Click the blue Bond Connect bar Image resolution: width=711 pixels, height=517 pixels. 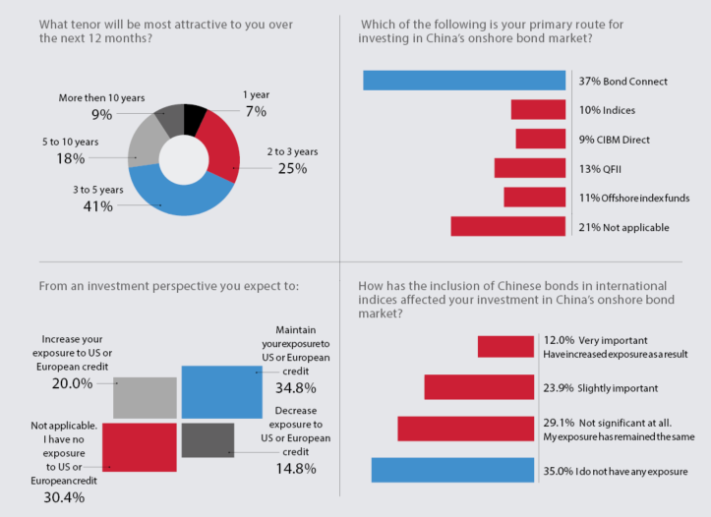tap(464, 81)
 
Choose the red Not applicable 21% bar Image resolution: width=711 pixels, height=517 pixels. tap(508, 226)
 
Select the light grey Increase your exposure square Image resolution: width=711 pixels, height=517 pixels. tap(145, 396)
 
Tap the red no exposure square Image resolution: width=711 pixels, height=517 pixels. tap(139, 446)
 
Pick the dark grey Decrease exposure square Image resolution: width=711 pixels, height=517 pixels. tap(207, 439)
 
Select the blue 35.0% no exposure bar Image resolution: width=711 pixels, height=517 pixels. tap(452, 470)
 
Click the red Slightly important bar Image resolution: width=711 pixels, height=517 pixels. tap(479, 386)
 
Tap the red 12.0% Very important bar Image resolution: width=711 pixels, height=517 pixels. tap(505, 346)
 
